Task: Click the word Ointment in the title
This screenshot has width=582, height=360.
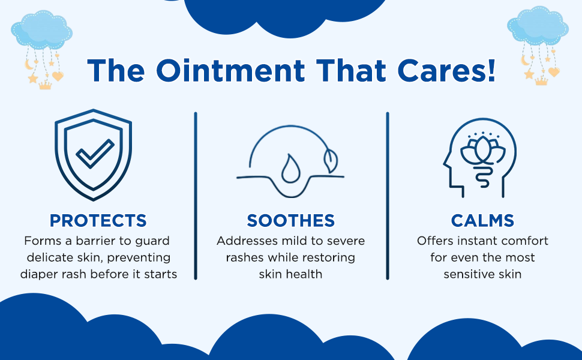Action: (230, 70)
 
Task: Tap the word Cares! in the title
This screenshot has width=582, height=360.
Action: (446, 70)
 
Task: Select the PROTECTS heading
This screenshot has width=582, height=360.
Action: (98, 220)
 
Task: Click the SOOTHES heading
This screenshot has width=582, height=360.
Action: (290, 220)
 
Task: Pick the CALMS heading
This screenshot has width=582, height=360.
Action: (482, 220)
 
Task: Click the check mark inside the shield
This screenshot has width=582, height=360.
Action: (95, 154)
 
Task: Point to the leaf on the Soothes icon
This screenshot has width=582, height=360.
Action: (331, 160)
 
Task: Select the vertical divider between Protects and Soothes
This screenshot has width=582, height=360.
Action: (196, 196)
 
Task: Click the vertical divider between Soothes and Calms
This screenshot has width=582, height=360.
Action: (388, 196)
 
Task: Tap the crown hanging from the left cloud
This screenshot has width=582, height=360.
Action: (45, 85)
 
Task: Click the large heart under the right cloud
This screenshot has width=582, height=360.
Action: (554, 71)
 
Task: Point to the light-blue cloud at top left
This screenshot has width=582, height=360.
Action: (41, 31)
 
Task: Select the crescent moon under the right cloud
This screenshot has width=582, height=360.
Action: (525, 60)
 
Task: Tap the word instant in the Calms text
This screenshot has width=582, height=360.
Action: (479, 241)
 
